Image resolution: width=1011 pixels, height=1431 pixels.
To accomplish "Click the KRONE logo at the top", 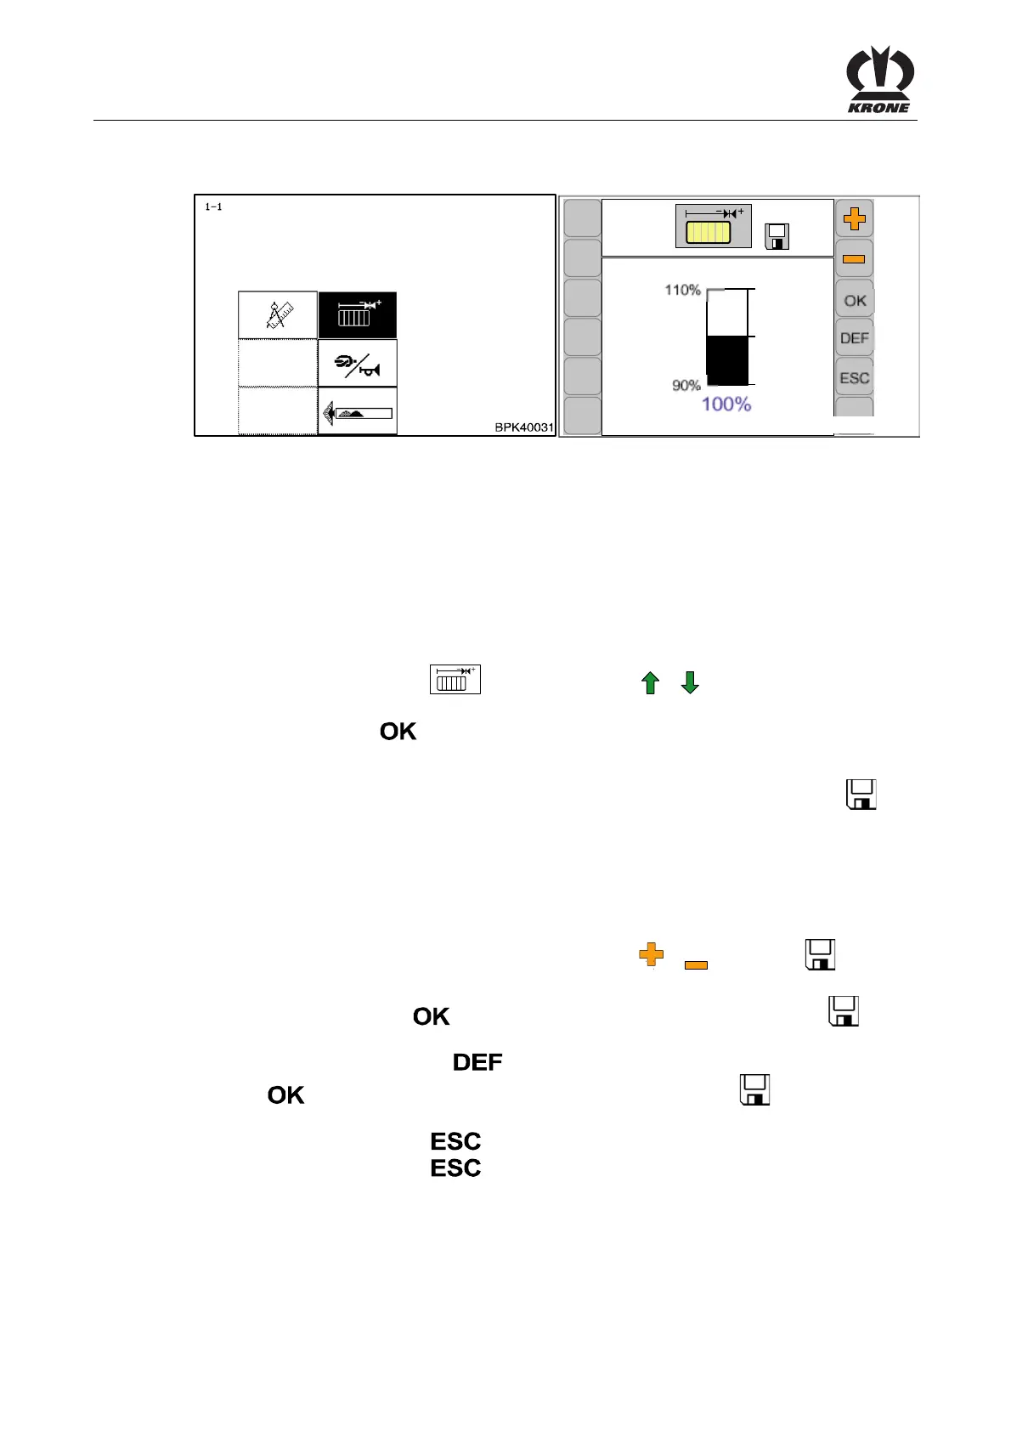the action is (879, 80).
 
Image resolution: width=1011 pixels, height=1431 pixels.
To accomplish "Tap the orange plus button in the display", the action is (854, 219).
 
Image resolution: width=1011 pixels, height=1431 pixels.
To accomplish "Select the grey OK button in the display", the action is (855, 300).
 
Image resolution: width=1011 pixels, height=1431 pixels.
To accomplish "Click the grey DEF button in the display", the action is (854, 338).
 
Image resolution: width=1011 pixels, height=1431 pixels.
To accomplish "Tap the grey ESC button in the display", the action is (854, 378).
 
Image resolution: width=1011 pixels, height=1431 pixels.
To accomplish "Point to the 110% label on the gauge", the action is (682, 291).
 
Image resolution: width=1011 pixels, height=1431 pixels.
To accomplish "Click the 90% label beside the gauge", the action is (686, 386).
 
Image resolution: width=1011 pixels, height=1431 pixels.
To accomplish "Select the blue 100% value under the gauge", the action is (726, 404).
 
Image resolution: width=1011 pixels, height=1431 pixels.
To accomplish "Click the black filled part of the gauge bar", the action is (727, 360).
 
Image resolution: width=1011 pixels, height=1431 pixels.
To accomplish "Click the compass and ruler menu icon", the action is (278, 314).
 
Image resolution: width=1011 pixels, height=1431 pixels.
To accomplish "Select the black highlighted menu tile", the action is (358, 314).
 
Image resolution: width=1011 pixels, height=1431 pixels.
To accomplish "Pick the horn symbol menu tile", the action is (358, 364).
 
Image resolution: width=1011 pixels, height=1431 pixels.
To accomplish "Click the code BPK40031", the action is (524, 427).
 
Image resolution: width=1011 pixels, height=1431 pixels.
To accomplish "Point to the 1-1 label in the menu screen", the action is (214, 207).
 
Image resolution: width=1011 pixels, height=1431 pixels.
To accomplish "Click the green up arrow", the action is (650, 682).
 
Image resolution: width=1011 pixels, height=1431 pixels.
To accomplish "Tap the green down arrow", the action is (690, 682).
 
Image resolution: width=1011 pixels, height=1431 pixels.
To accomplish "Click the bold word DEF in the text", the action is (477, 1062).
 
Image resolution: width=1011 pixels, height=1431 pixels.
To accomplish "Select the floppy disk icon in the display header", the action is (777, 236).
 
